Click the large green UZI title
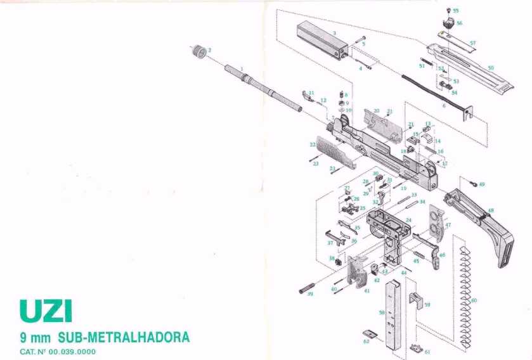(x=46, y=311)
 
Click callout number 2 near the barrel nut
(x=210, y=49)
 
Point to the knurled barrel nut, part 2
(x=200, y=51)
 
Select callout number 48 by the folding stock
(x=490, y=210)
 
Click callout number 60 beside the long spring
(x=474, y=300)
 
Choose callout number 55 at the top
(x=455, y=11)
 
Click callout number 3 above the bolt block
(x=334, y=32)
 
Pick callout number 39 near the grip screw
(x=310, y=293)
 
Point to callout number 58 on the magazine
(x=382, y=312)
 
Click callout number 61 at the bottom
(x=427, y=352)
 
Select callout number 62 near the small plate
(x=366, y=341)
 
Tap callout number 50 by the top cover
(x=490, y=67)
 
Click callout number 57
(x=472, y=42)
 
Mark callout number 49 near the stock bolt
(x=481, y=184)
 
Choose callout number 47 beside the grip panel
(x=448, y=225)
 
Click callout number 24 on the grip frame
(x=408, y=220)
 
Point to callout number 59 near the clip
(x=427, y=305)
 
